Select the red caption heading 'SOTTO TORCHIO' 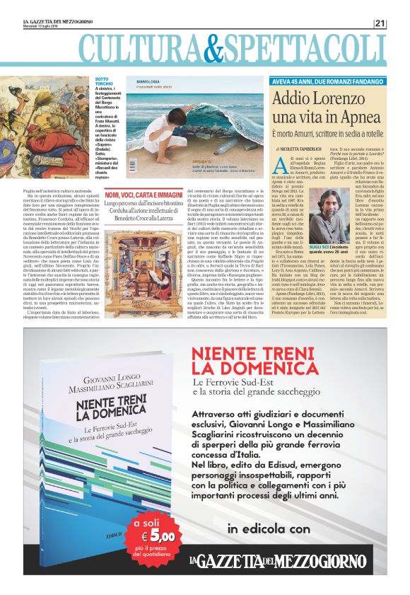[103, 83]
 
